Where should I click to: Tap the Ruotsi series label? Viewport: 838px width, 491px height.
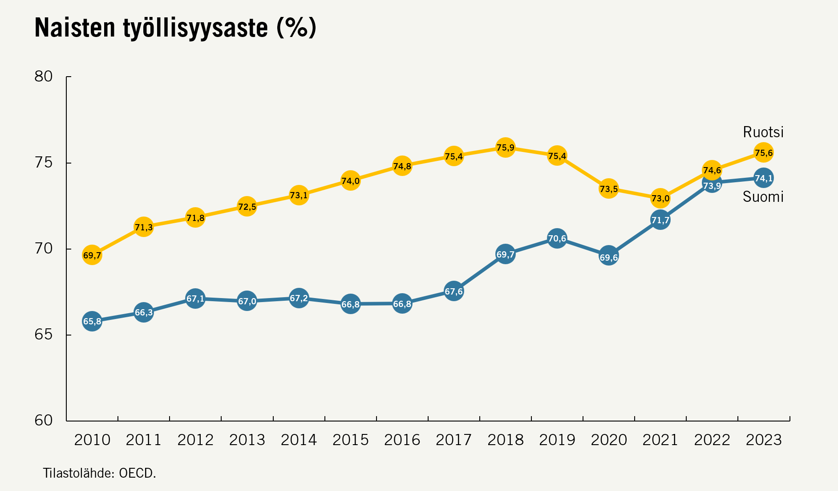pyautogui.click(x=763, y=132)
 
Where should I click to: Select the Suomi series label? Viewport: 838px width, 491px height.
pyautogui.click(x=763, y=196)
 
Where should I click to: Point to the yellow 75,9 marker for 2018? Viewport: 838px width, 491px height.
pyautogui.click(x=505, y=147)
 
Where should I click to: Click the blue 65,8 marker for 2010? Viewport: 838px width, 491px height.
pyautogui.click(x=92, y=321)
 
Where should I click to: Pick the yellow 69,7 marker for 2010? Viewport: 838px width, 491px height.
pyautogui.click(x=92, y=255)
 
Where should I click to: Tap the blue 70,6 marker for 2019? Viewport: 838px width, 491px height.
pyautogui.click(x=557, y=239)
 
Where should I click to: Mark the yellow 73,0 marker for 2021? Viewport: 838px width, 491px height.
pyautogui.click(x=660, y=198)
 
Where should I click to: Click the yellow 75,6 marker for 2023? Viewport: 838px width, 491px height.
pyautogui.click(x=763, y=153)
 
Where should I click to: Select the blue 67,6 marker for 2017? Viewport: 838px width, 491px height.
pyautogui.click(x=453, y=291)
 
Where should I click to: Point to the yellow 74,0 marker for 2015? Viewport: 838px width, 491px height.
pyautogui.click(x=350, y=181)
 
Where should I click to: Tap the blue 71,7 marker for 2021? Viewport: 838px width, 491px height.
pyautogui.click(x=660, y=220)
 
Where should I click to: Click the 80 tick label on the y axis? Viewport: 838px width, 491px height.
pyautogui.click(x=43, y=77)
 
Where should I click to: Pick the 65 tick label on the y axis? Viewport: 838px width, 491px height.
pyautogui.click(x=43, y=335)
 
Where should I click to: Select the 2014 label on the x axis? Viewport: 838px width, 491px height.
pyautogui.click(x=299, y=440)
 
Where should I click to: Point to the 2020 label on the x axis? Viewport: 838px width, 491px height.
pyautogui.click(x=608, y=440)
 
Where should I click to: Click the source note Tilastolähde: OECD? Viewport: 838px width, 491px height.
pyautogui.click(x=99, y=473)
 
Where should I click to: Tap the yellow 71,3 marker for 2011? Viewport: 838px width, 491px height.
pyautogui.click(x=144, y=227)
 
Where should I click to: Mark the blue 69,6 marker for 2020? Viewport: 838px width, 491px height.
pyautogui.click(x=608, y=257)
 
